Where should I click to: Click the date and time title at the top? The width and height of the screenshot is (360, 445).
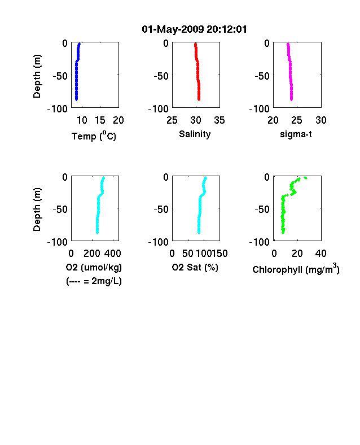click(194, 29)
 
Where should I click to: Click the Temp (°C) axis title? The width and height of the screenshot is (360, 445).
click(94, 136)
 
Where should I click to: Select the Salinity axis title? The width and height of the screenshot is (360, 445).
click(195, 134)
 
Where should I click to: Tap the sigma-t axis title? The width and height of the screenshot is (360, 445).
click(296, 134)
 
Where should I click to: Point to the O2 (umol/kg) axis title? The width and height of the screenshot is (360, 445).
click(94, 267)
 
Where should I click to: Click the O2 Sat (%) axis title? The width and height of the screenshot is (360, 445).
click(195, 267)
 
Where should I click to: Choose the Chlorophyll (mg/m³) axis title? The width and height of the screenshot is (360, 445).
click(296, 269)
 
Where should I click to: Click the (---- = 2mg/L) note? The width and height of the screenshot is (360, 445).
click(94, 281)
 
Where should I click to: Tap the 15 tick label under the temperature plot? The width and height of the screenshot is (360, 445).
click(100, 120)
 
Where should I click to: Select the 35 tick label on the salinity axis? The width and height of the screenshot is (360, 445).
click(219, 120)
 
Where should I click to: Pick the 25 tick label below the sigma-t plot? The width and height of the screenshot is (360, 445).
click(297, 120)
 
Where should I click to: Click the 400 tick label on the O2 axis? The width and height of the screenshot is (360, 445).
click(113, 254)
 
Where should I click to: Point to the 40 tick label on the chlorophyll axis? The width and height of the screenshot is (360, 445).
click(321, 254)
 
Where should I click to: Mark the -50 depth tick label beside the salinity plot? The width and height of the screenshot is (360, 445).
click(161, 76)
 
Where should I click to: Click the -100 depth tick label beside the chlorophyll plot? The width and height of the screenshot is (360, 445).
click(260, 242)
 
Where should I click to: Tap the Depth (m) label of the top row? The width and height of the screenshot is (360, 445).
click(37, 76)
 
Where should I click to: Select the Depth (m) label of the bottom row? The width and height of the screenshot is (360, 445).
click(37, 210)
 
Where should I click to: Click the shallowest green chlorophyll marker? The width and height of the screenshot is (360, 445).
click(306, 178)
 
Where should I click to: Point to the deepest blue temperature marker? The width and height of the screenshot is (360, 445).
click(76, 99)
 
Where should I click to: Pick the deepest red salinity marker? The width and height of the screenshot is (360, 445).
click(199, 99)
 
